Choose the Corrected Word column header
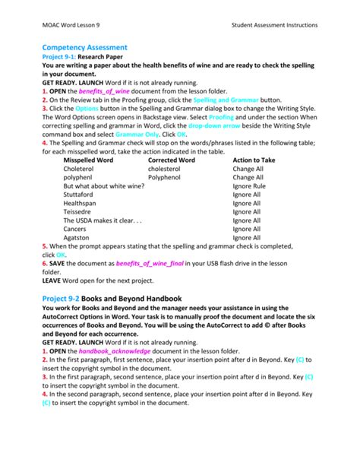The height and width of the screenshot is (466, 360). point(171,160)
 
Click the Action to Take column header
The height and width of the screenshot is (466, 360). point(254,160)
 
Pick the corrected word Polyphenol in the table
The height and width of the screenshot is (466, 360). point(165,178)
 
